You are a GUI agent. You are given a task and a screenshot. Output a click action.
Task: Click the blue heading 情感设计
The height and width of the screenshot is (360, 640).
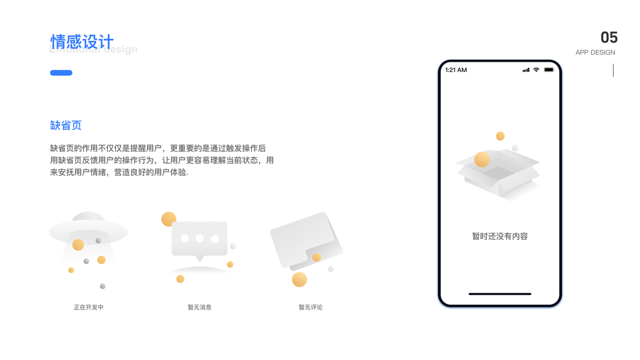[x=82, y=42]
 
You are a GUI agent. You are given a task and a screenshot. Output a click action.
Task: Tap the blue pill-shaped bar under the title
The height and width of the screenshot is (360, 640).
[x=61, y=73]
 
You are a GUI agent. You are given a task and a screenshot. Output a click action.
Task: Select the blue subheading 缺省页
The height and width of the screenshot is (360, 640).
[x=66, y=125]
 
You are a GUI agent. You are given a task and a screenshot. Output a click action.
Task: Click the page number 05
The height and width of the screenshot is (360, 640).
[x=609, y=38]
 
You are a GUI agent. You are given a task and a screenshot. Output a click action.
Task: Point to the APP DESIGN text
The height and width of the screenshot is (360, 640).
[x=595, y=53]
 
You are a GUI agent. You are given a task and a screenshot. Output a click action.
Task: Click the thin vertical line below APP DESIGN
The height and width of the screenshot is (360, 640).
[x=613, y=70]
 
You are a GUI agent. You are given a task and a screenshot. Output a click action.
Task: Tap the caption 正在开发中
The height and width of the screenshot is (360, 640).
[x=89, y=307]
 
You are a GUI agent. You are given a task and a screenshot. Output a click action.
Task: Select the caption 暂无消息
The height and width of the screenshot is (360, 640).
[x=200, y=307]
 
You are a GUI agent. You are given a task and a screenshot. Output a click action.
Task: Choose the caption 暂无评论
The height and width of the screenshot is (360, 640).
[x=311, y=307]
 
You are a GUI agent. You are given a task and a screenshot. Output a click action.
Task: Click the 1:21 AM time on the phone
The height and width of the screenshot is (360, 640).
[x=456, y=70]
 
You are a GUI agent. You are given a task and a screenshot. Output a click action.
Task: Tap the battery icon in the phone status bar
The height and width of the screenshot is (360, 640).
[x=549, y=70]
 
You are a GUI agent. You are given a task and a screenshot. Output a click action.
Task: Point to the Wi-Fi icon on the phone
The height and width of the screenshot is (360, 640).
[x=536, y=70]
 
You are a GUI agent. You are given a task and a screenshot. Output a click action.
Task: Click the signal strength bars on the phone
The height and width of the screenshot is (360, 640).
[x=526, y=70]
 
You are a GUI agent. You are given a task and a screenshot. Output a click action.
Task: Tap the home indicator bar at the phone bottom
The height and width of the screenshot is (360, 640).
[x=500, y=294]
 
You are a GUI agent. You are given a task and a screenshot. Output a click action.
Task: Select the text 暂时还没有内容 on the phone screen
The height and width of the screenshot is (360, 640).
[x=500, y=236]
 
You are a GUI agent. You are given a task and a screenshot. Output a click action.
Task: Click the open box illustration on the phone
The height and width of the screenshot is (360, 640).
[x=498, y=170]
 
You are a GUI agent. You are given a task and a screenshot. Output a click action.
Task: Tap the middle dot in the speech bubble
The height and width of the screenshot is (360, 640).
[x=200, y=239]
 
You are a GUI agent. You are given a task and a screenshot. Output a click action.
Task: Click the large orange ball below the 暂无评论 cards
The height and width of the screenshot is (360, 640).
[x=299, y=280]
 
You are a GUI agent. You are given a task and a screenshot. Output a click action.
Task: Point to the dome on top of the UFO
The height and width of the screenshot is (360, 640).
[x=88, y=218]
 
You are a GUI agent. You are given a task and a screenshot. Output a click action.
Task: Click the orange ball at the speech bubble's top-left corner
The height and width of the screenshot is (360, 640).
[x=169, y=219]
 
